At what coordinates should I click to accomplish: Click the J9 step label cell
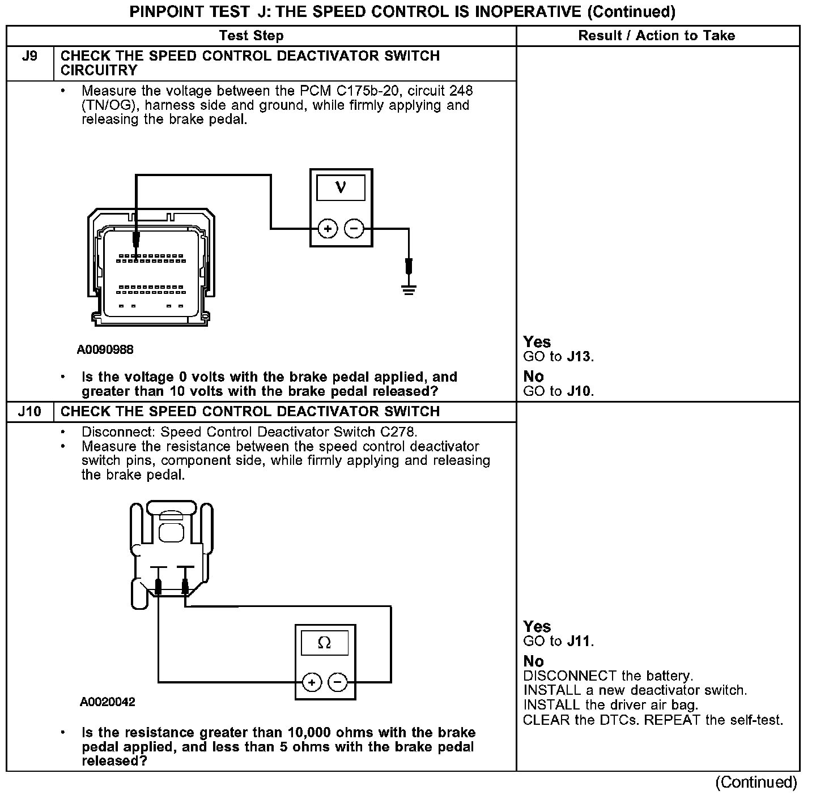tap(29, 57)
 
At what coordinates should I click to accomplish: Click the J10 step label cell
tap(29, 412)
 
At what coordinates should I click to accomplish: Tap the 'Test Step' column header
tap(251, 36)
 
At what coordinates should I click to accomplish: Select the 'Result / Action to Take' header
tap(656, 36)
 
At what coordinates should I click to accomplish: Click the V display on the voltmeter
tap(341, 187)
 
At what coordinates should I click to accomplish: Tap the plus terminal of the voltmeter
tap(328, 229)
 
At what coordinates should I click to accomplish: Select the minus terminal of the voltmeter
tap(354, 229)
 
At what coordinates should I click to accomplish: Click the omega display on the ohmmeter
tap(325, 643)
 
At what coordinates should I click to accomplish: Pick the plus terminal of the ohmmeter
tap(312, 682)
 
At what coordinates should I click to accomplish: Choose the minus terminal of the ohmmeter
tap(338, 682)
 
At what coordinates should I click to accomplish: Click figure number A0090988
tap(105, 349)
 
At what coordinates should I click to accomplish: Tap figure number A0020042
tap(108, 702)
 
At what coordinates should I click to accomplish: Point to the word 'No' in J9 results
tap(533, 377)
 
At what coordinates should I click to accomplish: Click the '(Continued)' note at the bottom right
tap(756, 783)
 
